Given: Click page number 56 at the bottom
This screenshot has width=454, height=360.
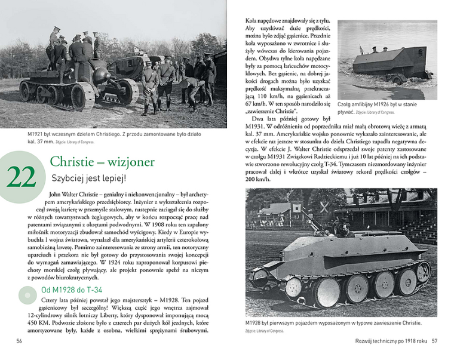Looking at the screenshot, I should point(19,341).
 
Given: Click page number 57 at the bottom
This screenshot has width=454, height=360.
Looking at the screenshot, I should point(435,341).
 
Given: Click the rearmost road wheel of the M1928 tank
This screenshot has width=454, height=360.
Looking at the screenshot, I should point(422,273).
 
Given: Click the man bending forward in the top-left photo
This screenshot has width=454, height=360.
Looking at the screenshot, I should point(192,88).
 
